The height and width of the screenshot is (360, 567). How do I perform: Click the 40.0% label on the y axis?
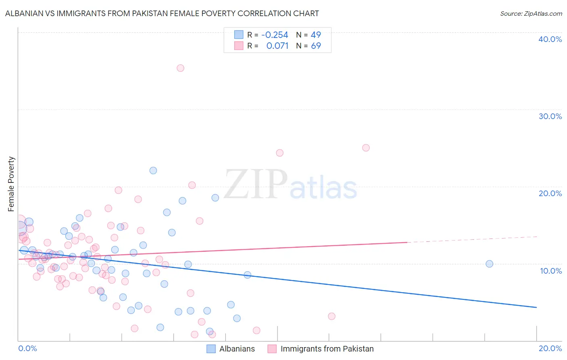coord(550,39)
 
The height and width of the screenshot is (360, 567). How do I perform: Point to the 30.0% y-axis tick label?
coord(550,116)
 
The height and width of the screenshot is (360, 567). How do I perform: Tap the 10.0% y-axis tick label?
coord(551,271)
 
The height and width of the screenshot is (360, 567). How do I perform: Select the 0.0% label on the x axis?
coord(27,348)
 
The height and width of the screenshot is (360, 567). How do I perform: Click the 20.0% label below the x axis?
coord(550,348)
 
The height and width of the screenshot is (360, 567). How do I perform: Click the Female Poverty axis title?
coord(11,184)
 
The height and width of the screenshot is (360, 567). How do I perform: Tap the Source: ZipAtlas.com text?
coord(531,14)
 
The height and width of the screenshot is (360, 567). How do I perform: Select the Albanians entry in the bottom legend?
coord(237,349)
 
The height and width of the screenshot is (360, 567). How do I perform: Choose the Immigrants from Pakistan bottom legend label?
coord(327,349)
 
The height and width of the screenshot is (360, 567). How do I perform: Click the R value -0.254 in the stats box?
coord(275,35)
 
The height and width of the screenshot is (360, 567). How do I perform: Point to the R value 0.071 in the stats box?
coord(277,46)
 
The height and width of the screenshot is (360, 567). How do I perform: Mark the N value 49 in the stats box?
coord(316,35)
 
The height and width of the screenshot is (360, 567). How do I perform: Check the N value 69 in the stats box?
coord(316,46)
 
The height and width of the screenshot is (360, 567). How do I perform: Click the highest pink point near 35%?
coord(180,68)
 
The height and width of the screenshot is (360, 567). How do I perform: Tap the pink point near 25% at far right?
coord(366,148)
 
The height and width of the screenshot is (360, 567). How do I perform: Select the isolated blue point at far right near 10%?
coord(489,264)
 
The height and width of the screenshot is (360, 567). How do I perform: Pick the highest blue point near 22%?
coord(153,170)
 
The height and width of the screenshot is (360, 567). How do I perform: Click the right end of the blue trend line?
coord(536,308)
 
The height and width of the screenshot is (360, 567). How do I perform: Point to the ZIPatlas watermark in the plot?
coord(290,185)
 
